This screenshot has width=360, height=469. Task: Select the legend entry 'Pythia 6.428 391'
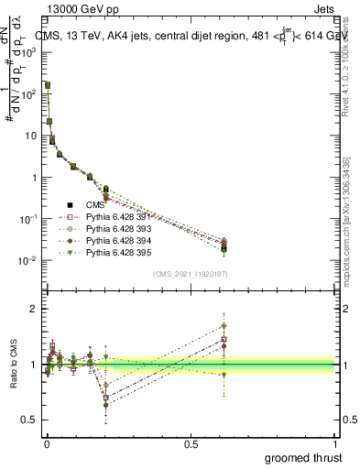click(118, 215)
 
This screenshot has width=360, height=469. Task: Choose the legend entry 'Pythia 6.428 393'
click(118, 227)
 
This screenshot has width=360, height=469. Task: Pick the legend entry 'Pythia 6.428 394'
click(118, 239)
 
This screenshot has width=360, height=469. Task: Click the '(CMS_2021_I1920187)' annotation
click(190, 274)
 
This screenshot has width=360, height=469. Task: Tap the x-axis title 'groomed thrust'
click(305, 456)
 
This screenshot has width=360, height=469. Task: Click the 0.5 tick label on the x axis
click(191, 443)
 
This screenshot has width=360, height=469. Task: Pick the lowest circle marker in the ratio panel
click(106, 404)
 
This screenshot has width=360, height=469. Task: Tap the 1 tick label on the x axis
click(337, 443)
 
